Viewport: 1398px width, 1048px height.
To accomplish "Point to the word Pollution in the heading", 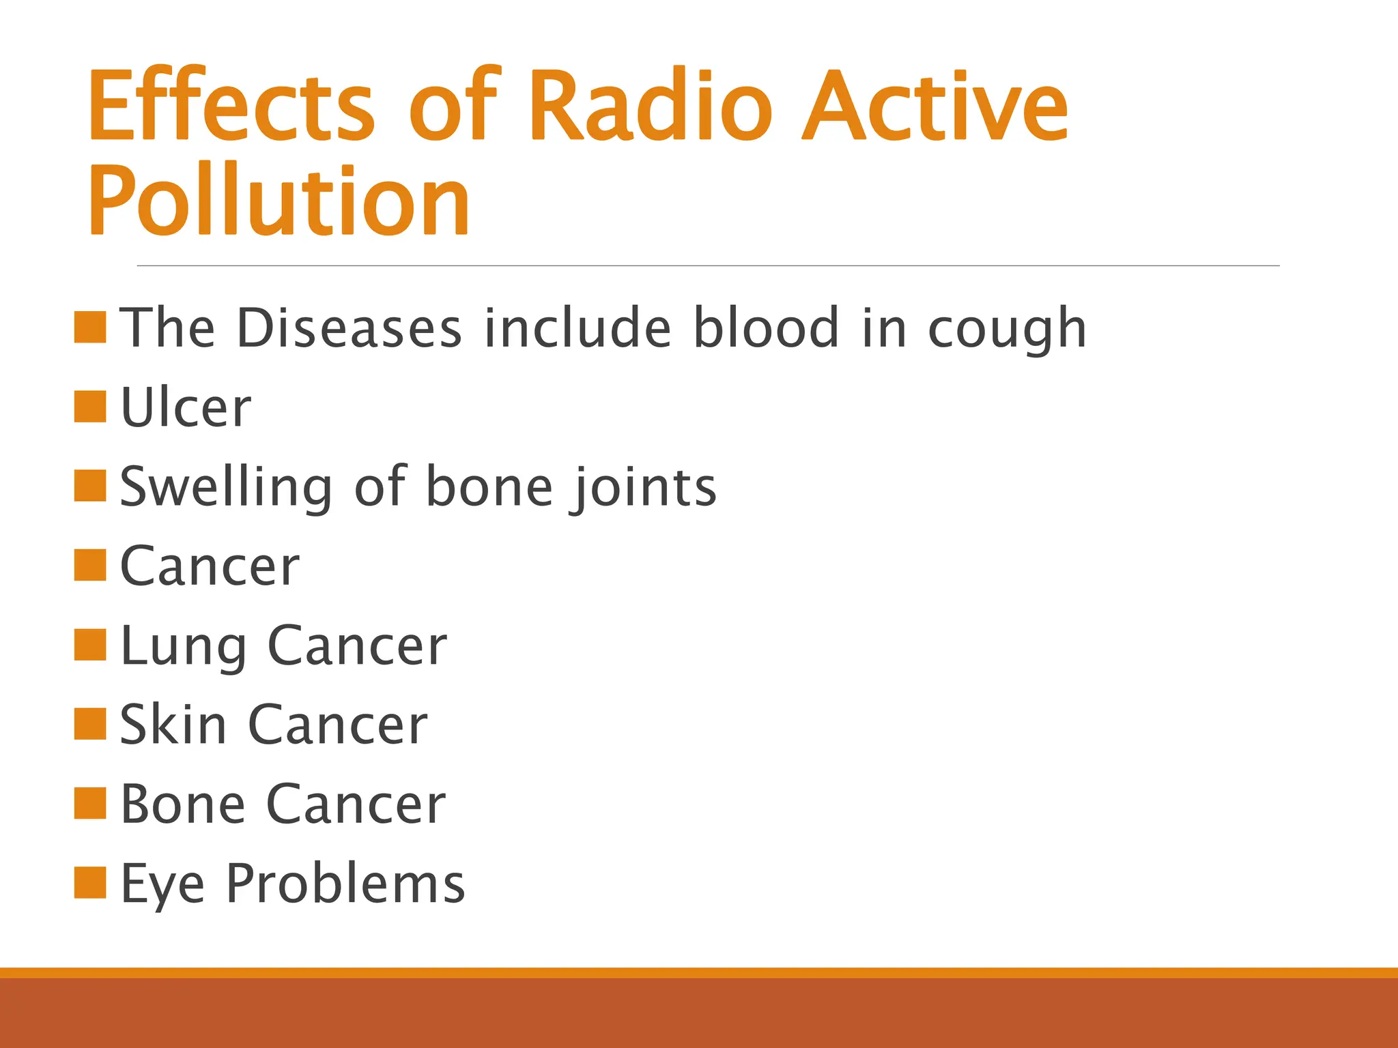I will click(279, 201).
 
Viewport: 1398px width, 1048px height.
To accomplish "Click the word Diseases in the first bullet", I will click(349, 328).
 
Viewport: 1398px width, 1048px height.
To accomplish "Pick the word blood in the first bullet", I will click(765, 328).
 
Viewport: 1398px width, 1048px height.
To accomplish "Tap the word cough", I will click(1006, 330).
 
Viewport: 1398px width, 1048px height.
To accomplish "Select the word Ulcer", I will click(186, 407).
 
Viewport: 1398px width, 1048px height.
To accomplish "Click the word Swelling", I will click(226, 487).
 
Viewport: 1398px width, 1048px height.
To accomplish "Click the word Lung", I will click(183, 646).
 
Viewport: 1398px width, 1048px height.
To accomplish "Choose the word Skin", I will click(173, 725).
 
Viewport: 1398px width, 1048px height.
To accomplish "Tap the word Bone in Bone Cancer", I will click(182, 804).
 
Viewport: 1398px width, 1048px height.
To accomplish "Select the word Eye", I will click(162, 884).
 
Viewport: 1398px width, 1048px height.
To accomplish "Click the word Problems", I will click(345, 884).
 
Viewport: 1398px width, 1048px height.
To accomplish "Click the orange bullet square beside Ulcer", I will click(90, 407).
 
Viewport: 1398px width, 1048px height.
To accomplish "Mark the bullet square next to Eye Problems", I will click(90, 882).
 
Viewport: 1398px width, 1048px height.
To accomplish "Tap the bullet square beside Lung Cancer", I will click(90, 645).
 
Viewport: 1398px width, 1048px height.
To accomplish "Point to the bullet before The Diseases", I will click(90, 327).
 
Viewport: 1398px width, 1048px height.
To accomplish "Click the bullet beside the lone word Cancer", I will click(90, 565).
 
